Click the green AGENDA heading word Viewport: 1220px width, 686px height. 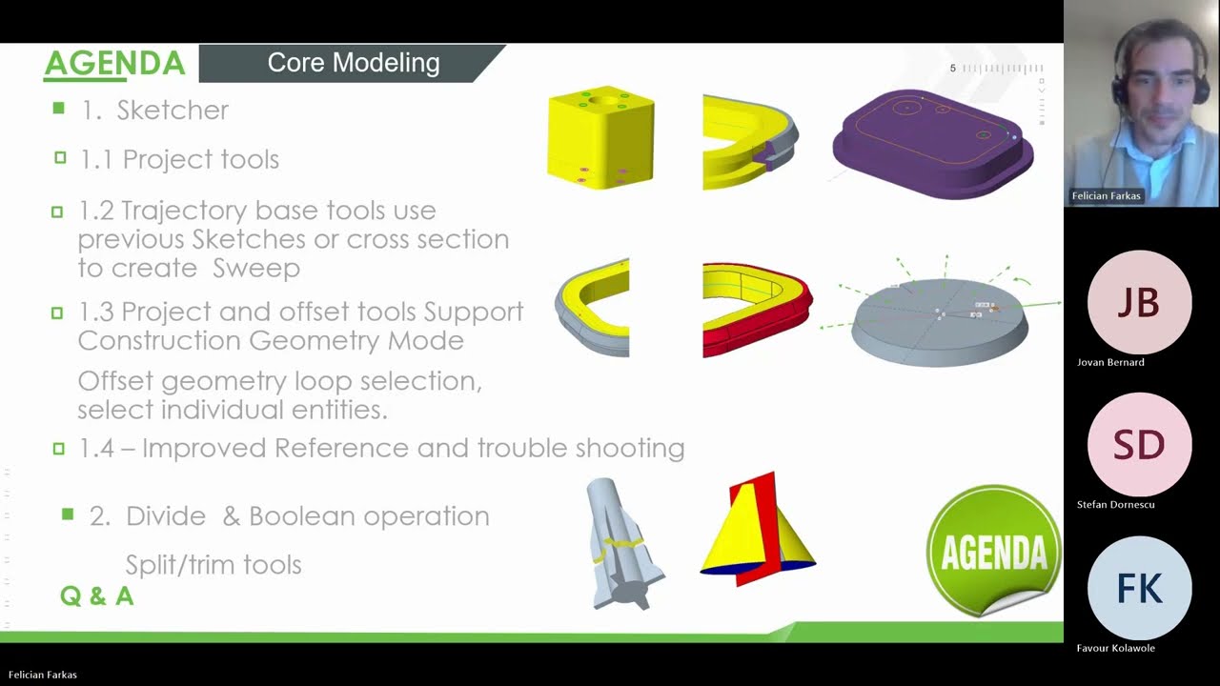tap(114, 64)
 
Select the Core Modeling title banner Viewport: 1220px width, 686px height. tap(353, 63)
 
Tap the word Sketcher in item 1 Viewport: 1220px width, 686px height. tap(173, 111)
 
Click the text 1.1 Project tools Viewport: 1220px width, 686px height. tap(179, 159)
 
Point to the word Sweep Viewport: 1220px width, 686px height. tap(256, 269)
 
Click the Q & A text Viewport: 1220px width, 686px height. tap(96, 596)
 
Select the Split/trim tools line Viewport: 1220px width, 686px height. tap(213, 565)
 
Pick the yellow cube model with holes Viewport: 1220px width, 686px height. tap(600, 137)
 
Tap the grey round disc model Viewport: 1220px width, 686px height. tap(939, 322)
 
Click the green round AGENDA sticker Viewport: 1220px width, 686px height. tap(993, 552)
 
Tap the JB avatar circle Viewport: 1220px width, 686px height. tap(1139, 302)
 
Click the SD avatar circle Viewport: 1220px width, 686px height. tap(1139, 445)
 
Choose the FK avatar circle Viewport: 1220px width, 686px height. tap(1139, 589)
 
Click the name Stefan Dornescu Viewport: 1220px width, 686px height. tap(1115, 505)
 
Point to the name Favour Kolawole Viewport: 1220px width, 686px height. tap(1115, 648)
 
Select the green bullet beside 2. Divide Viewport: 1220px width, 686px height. tap(68, 514)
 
